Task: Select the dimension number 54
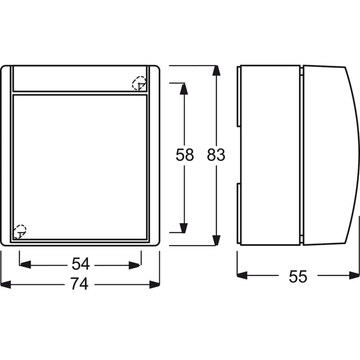click(81, 264)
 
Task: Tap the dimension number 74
click(80, 284)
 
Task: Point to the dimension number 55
click(298, 276)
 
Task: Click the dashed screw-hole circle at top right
click(139, 83)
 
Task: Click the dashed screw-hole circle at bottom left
click(19, 232)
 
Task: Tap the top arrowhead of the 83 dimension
click(216, 71)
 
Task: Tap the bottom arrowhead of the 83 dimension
click(216, 240)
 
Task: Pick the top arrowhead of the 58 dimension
click(184, 89)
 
